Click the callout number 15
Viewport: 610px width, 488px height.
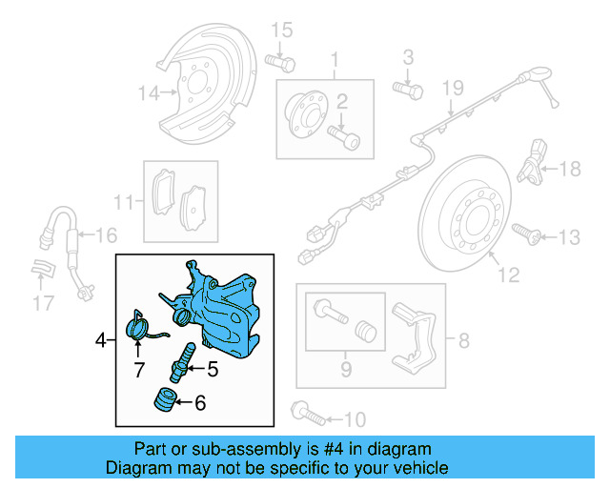tap(280, 32)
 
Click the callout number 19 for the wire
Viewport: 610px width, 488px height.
tap(451, 89)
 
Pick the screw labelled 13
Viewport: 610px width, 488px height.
tap(526, 232)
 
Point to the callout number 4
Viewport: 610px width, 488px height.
tap(101, 338)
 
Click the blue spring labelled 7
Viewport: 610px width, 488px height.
tap(141, 328)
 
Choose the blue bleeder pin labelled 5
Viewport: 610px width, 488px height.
tap(184, 361)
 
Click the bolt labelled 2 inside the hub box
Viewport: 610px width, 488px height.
tap(346, 139)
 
